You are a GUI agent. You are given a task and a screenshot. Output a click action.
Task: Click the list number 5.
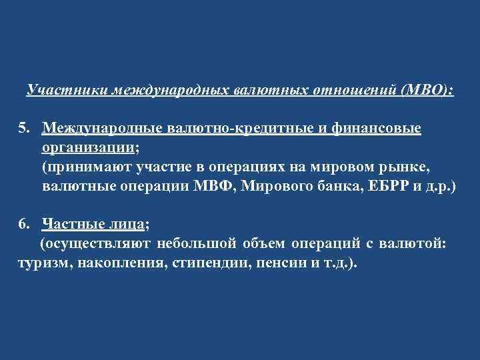[23, 127]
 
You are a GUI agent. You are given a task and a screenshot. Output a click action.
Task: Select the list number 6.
[23, 224]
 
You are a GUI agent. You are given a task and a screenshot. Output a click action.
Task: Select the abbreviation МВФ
[213, 185]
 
